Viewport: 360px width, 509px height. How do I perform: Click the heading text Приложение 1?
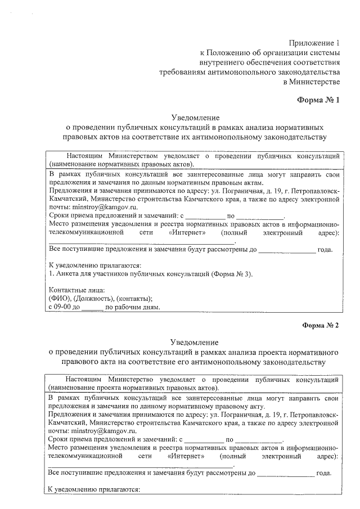[315, 43]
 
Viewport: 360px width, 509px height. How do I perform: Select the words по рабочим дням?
[133, 308]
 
